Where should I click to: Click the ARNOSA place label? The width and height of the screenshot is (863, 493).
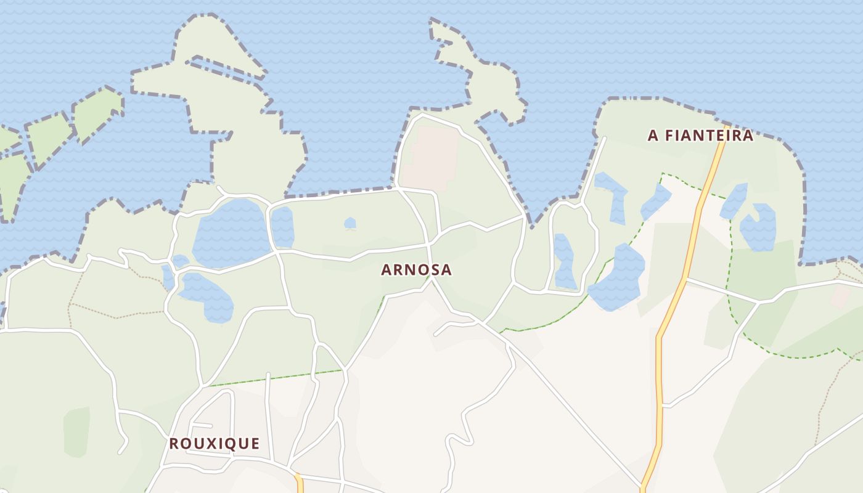click(416, 270)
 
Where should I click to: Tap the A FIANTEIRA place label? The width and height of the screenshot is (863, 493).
click(700, 136)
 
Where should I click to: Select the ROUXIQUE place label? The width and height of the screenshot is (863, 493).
click(214, 444)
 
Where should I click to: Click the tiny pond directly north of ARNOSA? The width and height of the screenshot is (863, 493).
click(350, 222)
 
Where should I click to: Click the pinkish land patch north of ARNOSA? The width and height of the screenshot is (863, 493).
click(435, 157)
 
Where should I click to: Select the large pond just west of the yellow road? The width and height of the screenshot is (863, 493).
click(618, 279)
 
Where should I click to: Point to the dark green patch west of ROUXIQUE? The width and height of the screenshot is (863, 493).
click(76, 431)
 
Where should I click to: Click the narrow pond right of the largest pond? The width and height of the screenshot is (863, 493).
click(282, 226)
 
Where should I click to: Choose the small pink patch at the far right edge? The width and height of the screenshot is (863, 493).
click(841, 296)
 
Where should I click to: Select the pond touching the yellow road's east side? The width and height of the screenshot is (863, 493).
click(734, 200)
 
